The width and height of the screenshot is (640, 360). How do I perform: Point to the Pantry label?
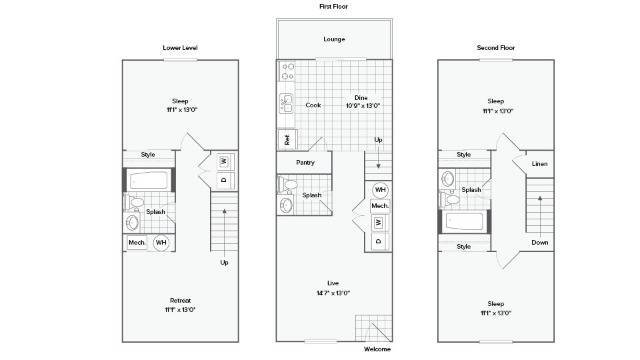point(305,162)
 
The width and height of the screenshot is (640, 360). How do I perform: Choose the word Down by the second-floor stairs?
point(540,242)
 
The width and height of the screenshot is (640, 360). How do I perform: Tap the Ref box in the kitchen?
point(287,140)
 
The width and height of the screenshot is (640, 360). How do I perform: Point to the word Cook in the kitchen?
point(313,104)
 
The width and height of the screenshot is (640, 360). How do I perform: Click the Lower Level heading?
point(180,47)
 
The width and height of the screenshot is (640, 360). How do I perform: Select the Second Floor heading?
point(495,47)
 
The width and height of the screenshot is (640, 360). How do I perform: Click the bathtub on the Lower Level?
point(149,181)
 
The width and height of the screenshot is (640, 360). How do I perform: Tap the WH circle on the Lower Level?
point(160,243)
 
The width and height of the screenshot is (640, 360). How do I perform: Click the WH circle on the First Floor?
point(380,189)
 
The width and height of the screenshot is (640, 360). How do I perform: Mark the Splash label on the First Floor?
point(310,196)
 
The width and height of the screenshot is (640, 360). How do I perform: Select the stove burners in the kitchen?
point(287,71)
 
